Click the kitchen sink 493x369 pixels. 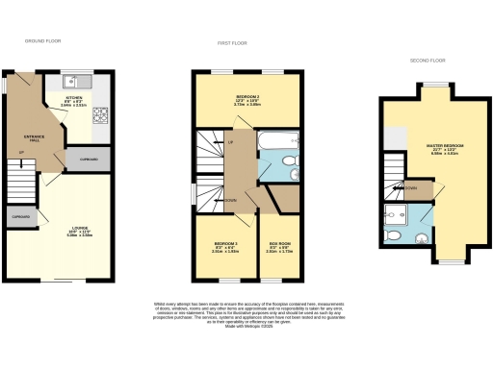click(79, 81)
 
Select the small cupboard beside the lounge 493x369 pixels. click(20, 219)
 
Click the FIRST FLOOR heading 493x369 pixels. click(228, 43)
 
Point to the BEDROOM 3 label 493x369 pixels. click(224, 247)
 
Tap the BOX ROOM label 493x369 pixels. click(280, 247)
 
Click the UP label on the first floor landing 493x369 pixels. click(230, 142)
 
